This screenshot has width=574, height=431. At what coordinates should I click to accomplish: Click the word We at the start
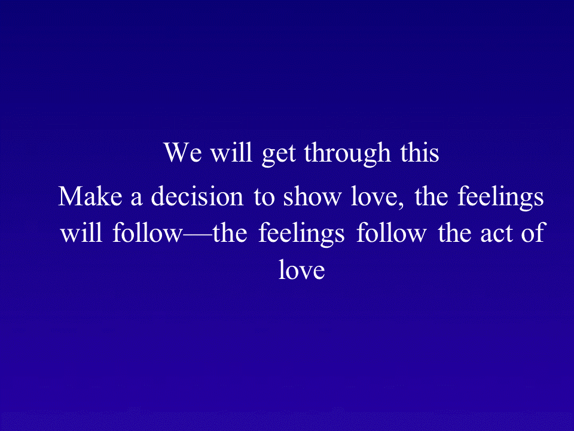coord(182,152)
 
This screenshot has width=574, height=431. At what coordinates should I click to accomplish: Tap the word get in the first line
coord(279,154)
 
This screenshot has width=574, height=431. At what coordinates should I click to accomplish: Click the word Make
coord(90,196)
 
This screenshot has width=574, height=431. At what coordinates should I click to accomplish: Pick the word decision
coord(197,196)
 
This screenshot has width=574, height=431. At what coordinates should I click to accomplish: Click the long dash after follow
coord(197,236)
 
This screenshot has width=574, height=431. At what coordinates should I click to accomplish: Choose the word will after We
coord(231,152)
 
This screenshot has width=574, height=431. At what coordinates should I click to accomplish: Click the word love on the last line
coord(301,269)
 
